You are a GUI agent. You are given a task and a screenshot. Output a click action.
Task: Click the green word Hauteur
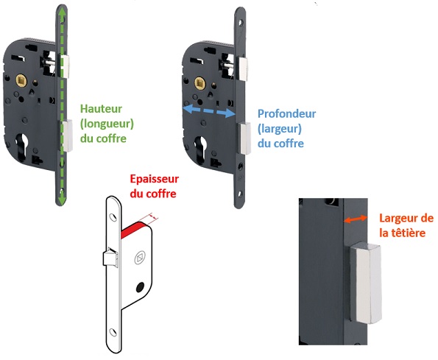[x=101, y=109]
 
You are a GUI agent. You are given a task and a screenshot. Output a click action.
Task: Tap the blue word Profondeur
[x=286, y=113]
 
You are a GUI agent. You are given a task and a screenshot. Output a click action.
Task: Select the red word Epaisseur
[x=155, y=179]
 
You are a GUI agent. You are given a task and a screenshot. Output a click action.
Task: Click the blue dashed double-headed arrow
[x=209, y=111]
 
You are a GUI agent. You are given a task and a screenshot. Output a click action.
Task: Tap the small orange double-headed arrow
[x=355, y=219]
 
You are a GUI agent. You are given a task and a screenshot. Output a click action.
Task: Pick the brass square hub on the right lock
[x=200, y=83]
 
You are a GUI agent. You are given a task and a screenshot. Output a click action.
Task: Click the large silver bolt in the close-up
[x=366, y=283]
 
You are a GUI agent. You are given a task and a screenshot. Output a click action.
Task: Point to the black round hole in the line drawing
[x=140, y=287]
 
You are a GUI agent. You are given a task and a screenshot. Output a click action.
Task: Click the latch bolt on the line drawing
[x=110, y=256]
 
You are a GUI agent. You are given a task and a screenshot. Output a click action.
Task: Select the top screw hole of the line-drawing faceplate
[x=113, y=217]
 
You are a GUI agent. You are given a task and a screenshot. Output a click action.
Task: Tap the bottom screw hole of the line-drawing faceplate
[x=113, y=332]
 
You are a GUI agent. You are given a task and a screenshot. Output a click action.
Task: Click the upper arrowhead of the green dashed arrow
[x=62, y=10]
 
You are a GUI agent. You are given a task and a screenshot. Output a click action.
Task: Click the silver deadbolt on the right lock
[x=244, y=138]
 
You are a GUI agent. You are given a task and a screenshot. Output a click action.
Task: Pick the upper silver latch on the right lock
[x=242, y=68]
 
